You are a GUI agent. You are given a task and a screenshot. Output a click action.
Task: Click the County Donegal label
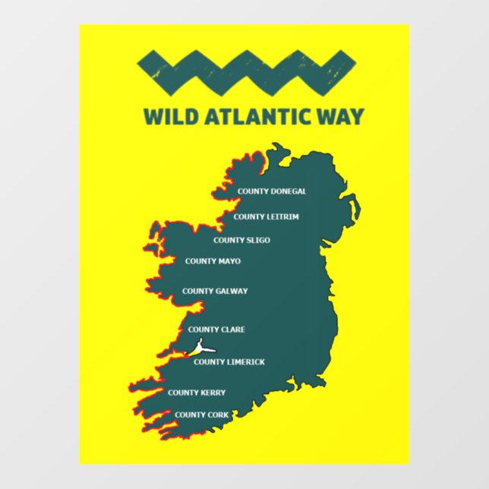pyautogui.click(x=272, y=191)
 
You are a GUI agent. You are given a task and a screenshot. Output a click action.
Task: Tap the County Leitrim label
pyautogui.click(x=266, y=216)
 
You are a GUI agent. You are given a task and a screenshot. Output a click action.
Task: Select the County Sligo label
pyautogui.click(x=241, y=241)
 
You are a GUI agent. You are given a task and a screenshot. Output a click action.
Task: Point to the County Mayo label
pyautogui.click(x=213, y=261)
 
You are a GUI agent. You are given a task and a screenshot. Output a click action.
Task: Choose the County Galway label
pyautogui.click(x=215, y=291)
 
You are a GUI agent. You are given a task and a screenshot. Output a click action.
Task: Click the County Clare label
pyautogui.click(x=216, y=330)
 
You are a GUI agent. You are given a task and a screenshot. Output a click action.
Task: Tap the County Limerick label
pyautogui.click(x=229, y=362)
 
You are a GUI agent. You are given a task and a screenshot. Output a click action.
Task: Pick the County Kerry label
pyautogui.click(x=197, y=393)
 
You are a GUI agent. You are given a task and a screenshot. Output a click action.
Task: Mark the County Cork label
pyautogui.click(x=202, y=415)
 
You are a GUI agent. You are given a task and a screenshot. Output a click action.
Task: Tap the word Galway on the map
pyautogui.click(x=232, y=291)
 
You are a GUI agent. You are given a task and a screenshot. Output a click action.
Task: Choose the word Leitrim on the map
pyautogui.click(x=282, y=216)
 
